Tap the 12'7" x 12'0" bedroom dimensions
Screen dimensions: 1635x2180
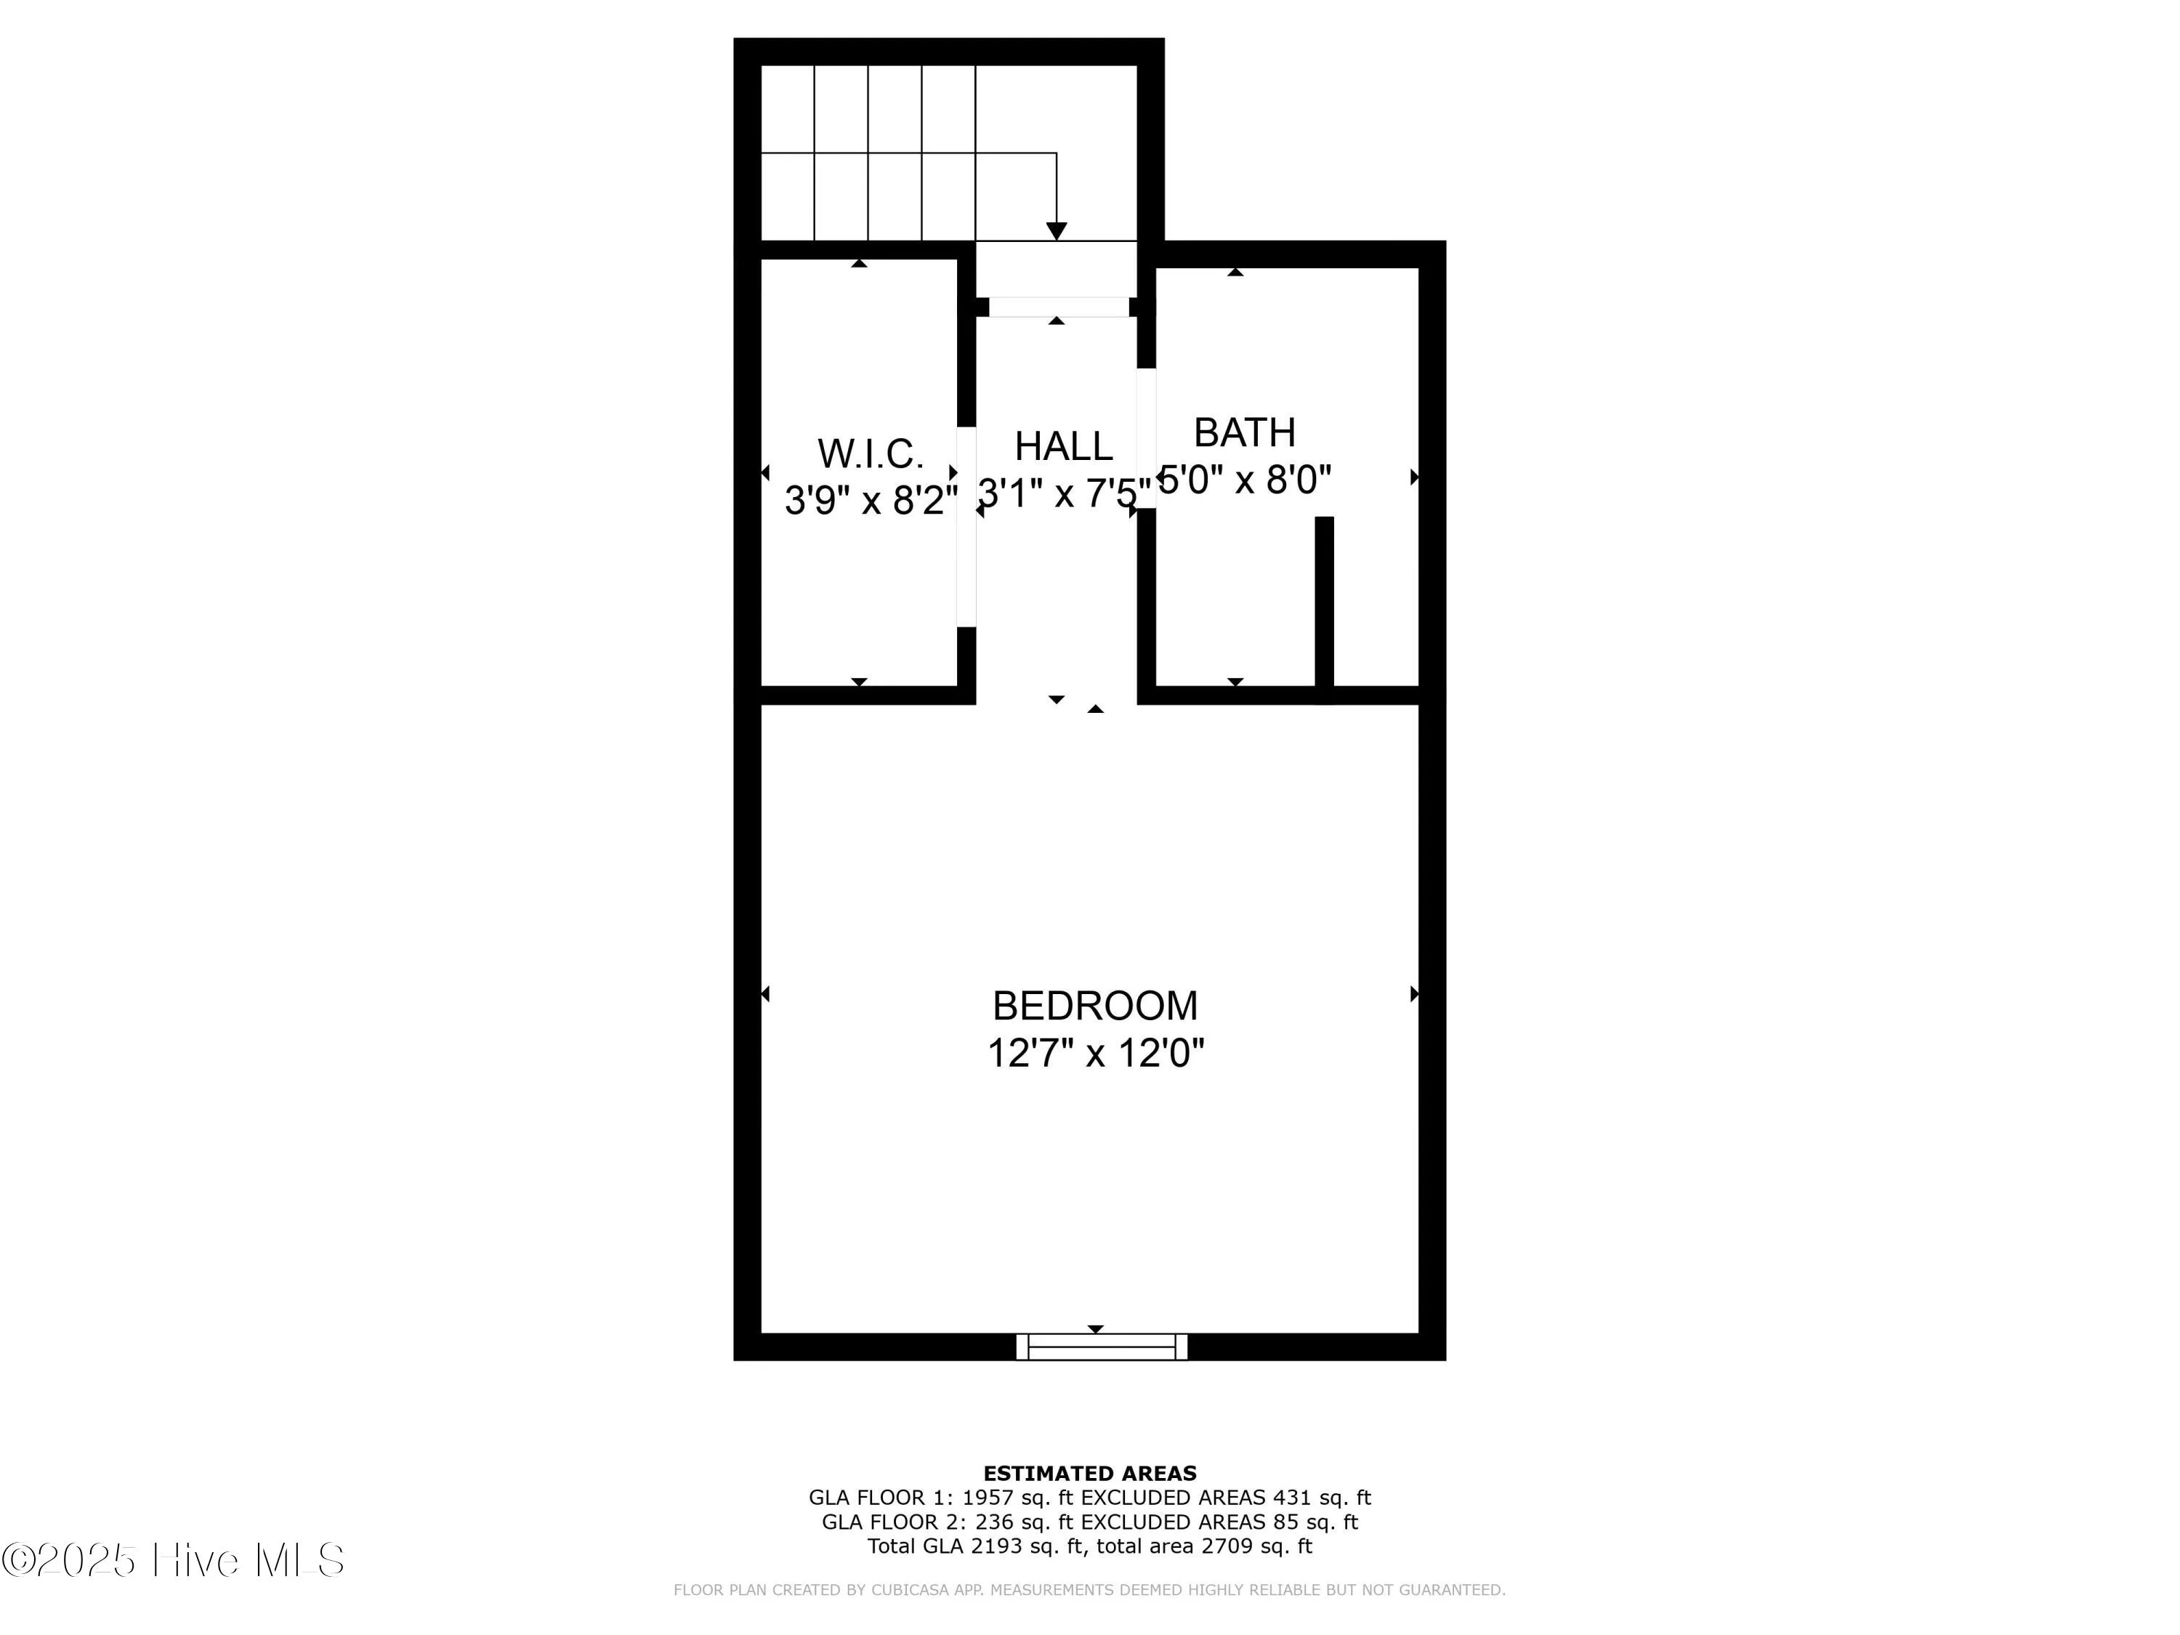click(x=1095, y=1054)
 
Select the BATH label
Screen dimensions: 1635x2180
click(x=1244, y=432)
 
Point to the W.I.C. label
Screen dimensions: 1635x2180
click(x=871, y=454)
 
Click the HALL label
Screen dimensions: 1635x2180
click(x=1063, y=446)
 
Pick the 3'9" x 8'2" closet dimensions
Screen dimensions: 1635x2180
click(x=871, y=501)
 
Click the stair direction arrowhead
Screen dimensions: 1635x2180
click(x=1057, y=232)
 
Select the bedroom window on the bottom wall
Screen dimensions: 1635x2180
click(x=1102, y=1347)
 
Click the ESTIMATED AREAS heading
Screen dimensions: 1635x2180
click(x=1089, y=1474)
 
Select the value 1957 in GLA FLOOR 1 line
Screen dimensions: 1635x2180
click(x=988, y=1498)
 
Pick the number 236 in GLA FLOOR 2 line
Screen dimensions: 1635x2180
click(x=994, y=1522)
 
